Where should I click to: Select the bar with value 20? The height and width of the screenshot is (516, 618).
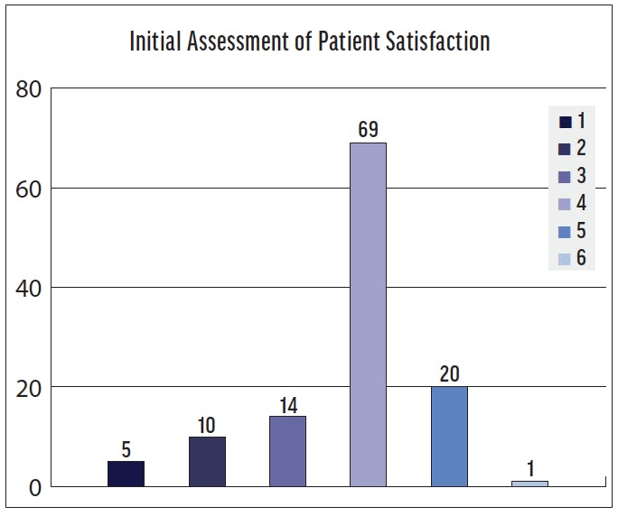(x=449, y=437)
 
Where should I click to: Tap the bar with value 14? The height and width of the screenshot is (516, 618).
(x=287, y=451)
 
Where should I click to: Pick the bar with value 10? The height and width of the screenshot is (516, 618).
(x=207, y=461)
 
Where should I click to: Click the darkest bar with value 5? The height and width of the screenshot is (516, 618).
(x=126, y=474)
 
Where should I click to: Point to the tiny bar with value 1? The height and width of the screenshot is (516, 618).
(x=529, y=484)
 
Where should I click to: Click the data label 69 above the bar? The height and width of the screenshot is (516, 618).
(x=368, y=130)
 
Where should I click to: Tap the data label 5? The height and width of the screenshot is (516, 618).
(x=126, y=447)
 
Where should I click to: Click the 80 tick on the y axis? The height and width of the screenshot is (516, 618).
(x=30, y=90)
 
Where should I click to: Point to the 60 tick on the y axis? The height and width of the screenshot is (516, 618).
(x=30, y=189)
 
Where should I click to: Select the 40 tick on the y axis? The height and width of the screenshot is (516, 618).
(x=30, y=289)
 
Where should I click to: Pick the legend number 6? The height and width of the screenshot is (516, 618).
(x=581, y=259)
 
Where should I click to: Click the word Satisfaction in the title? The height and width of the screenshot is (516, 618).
(x=437, y=41)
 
